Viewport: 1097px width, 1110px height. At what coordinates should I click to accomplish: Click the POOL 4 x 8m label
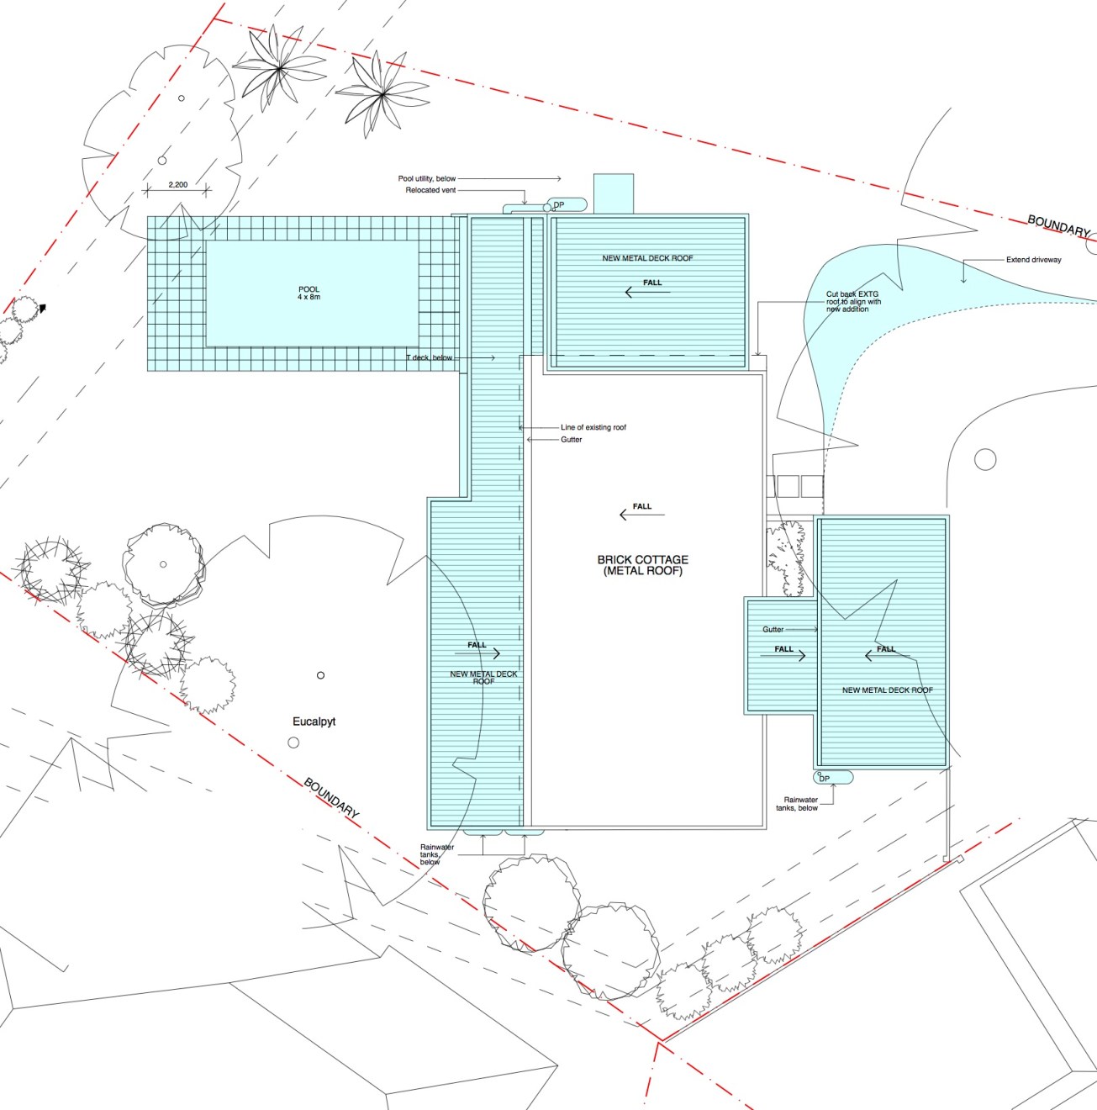point(309,293)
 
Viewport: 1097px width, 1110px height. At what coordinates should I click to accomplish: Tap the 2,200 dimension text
point(177,185)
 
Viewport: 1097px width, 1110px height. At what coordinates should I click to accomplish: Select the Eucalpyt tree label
point(314,721)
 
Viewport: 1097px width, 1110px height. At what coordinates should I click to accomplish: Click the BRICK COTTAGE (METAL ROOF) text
point(642,565)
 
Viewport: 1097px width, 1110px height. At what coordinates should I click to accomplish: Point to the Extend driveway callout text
point(1033,260)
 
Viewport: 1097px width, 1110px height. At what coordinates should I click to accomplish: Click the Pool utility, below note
point(427,178)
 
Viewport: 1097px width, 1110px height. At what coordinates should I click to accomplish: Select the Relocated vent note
point(430,190)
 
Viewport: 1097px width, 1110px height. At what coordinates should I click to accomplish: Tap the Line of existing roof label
point(593,427)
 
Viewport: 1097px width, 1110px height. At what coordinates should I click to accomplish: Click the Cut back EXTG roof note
point(853,302)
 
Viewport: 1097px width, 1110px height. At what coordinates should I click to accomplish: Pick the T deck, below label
point(429,357)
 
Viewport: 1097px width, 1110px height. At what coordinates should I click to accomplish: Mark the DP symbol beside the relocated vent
point(556,205)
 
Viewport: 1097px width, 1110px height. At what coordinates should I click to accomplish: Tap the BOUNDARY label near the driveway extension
point(1058,225)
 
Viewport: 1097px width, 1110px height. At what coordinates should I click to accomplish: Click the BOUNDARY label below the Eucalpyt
point(331,798)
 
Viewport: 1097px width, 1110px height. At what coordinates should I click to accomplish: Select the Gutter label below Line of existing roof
point(571,440)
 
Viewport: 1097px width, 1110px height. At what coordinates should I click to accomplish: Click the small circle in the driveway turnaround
point(985,460)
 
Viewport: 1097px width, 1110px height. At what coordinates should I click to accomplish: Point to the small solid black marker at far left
point(42,309)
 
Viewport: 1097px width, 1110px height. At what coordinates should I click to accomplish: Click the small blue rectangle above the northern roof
point(614,193)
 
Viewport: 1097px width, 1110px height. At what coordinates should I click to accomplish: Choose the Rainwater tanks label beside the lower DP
point(800,804)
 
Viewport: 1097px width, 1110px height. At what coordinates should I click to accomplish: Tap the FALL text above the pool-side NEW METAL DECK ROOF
point(477,645)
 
